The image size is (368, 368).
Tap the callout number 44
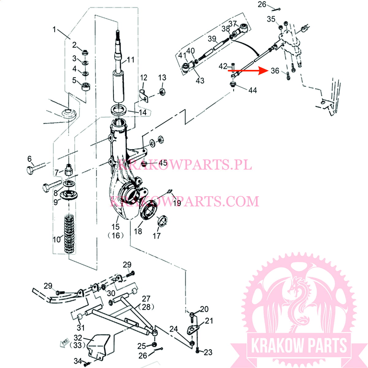252,90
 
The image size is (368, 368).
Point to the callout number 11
131,60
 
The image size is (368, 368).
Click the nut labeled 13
162,92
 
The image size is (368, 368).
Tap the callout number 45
163,163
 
